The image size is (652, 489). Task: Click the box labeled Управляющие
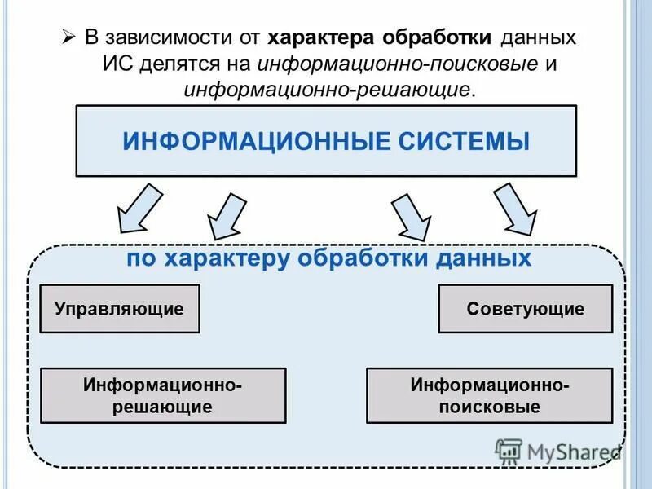pos(119,309)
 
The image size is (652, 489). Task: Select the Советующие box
pos(525,309)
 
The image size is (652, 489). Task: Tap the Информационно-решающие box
pos(163,394)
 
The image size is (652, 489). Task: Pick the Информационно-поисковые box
pos(489,394)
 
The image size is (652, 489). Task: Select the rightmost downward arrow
pos(515,208)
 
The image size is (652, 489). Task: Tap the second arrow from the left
pos(227,216)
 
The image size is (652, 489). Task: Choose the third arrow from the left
pos(412,216)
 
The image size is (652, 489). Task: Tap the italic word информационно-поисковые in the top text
pos(399,64)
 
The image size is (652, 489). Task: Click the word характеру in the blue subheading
pos(227,258)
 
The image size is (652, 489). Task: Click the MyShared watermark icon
pos(509,451)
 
